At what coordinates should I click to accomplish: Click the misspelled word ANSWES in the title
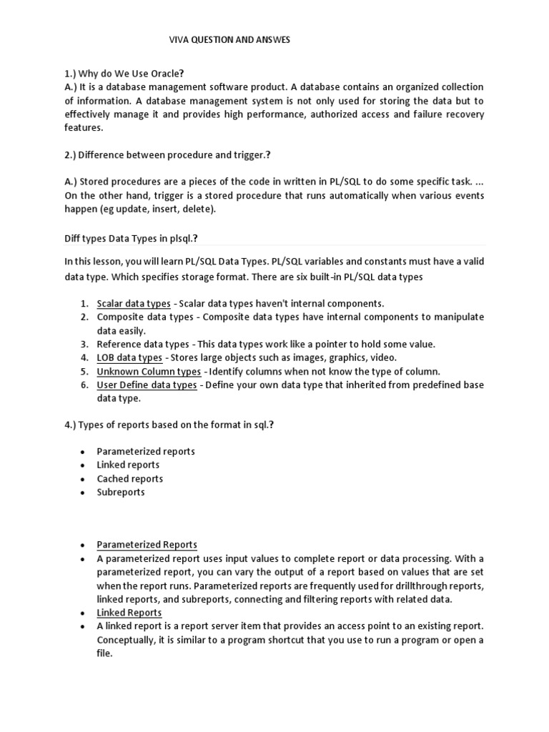coord(271,41)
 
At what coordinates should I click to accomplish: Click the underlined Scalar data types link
coord(134,303)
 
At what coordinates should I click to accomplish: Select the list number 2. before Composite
coord(84,317)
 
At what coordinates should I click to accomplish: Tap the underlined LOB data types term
coord(129,357)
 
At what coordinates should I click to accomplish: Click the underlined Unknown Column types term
coord(149,371)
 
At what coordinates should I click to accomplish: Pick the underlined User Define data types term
coord(147,385)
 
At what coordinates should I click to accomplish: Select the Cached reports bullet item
coord(130,478)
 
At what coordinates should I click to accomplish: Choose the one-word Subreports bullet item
coord(121,492)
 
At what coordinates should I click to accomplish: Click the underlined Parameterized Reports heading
coord(147,545)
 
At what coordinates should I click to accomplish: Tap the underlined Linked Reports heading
coord(129,613)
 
